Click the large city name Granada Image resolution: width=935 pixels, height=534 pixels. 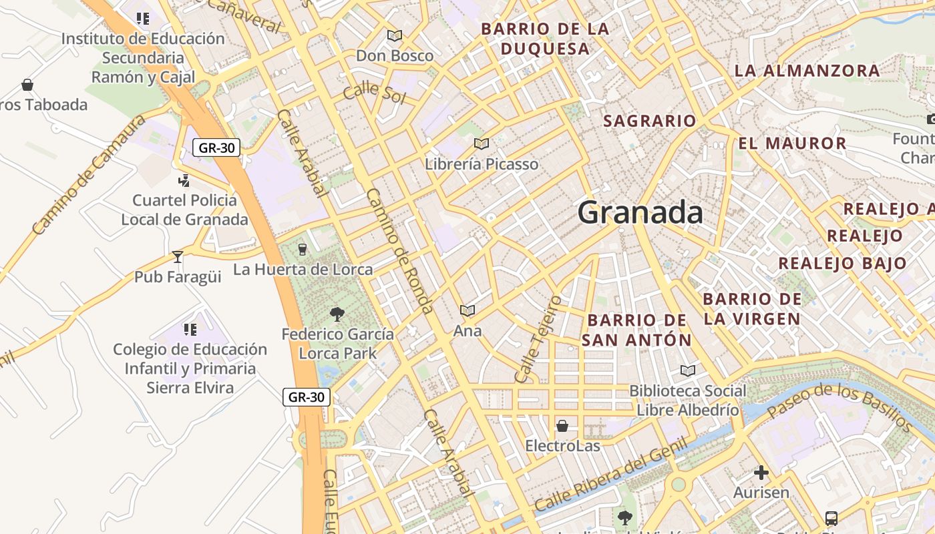(640, 213)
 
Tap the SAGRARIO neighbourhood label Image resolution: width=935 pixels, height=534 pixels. (649, 121)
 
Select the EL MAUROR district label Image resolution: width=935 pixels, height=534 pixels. (792, 144)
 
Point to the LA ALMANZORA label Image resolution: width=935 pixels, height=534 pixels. (807, 71)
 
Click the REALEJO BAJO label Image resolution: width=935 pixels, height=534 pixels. (842, 263)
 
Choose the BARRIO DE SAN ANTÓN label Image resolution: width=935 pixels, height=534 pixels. (636, 330)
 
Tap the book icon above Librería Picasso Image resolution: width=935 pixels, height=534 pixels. (481, 144)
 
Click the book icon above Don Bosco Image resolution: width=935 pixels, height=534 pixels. (395, 35)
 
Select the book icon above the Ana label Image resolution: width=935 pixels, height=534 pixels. (467, 310)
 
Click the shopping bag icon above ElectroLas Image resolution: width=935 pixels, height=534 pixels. (562, 425)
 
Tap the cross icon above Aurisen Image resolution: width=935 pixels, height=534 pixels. (761, 473)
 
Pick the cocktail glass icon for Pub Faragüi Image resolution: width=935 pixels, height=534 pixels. (177, 256)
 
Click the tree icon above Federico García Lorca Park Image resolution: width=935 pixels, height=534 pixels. (337, 314)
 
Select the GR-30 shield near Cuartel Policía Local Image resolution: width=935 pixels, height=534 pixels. (216, 148)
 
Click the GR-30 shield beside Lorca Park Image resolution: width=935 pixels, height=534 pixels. (307, 397)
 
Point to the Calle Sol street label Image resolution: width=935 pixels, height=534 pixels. (375, 92)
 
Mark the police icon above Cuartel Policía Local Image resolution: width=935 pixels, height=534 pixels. (184, 180)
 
